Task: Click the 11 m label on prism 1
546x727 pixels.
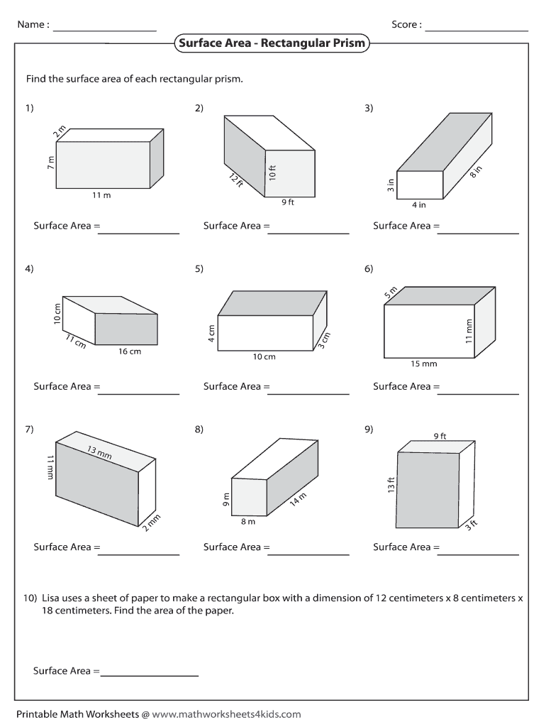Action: click(102, 195)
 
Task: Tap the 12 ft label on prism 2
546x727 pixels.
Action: click(236, 180)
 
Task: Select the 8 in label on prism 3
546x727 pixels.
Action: click(476, 173)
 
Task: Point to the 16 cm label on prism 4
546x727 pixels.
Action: click(130, 351)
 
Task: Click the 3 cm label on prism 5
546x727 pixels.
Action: click(324, 340)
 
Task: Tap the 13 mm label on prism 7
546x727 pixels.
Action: click(100, 452)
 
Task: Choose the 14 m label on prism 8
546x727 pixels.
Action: click(298, 500)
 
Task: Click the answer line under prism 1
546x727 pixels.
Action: click(139, 233)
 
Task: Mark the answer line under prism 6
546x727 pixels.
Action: click(479, 393)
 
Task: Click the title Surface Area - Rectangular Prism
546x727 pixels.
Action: click(272, 43)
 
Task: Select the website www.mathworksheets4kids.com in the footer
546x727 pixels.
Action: click(226, 714)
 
